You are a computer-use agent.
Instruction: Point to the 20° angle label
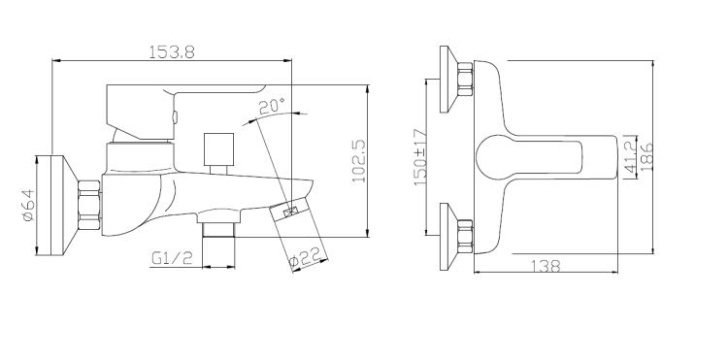click(x=272, y=106)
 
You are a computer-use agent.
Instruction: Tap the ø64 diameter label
click(x=28, y=207)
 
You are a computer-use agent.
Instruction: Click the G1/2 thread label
click(x=170, y=258)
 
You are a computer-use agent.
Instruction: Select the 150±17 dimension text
click(x=420, y=157)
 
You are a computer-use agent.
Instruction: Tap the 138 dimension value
click(x=546, y=266)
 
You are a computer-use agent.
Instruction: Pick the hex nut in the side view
click(x=89, y=207)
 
